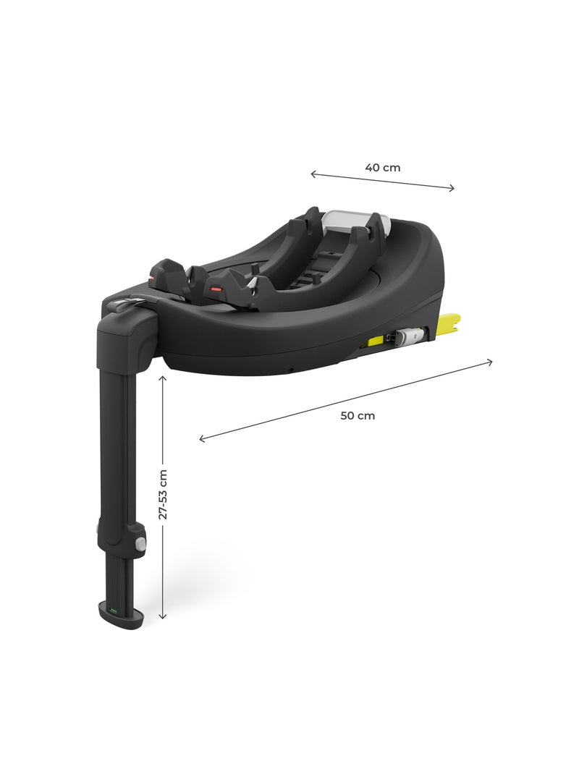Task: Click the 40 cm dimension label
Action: click(x=382, y=167)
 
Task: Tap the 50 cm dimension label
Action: click(x=358, y=416)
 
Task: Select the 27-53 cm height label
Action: click(x=163, y=494)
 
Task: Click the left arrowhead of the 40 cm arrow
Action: click(x=313, y=174)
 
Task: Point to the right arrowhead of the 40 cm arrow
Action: click(x=453, y=189)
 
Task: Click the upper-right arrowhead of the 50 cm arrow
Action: click(x=491, y=361)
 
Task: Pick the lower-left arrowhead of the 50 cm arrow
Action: click(x=202, y=439)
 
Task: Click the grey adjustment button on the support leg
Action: click(x=140, y=542)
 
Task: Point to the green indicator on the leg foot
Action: click(x=113, y=611)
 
